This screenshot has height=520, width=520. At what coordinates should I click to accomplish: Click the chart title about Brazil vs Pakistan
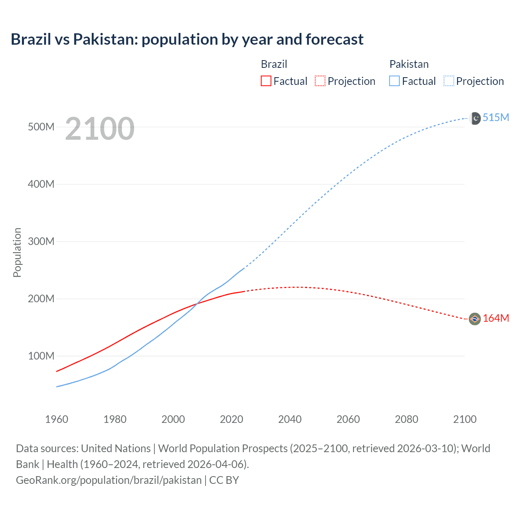(187, 39)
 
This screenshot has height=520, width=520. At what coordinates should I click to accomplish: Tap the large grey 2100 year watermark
(100, 129)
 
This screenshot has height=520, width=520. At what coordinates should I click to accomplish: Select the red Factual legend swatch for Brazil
(266, 81)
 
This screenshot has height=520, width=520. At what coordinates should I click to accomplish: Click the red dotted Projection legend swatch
(320, 81)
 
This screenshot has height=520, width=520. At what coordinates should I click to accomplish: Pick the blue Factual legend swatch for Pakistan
(394, 81)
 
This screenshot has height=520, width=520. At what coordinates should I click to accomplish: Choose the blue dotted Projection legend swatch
(448, 81)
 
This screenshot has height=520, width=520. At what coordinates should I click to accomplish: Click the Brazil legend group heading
(274, 64)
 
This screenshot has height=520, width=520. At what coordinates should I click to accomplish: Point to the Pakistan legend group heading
(409, 64)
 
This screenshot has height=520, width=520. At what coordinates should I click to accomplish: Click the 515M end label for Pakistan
(496, 117)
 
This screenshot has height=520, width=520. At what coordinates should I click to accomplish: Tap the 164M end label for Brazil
(496, 318)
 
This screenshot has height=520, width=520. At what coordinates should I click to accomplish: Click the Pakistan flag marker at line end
(475, 118)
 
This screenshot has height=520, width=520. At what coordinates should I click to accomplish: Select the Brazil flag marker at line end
(474, 319)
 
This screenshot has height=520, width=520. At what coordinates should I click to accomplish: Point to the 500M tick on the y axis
(41, 127)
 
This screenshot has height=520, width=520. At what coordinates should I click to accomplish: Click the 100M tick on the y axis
(41, 356)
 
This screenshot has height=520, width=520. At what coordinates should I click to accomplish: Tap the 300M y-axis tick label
(41, 241)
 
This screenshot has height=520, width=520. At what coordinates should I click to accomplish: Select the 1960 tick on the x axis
(56, 419)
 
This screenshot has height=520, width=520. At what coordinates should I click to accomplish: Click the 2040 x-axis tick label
(290, 419)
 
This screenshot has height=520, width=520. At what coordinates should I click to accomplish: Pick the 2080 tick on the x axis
(406, 419)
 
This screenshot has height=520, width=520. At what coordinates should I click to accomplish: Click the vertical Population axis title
(17, 252)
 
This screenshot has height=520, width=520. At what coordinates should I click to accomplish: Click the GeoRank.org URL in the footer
(108, 480)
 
